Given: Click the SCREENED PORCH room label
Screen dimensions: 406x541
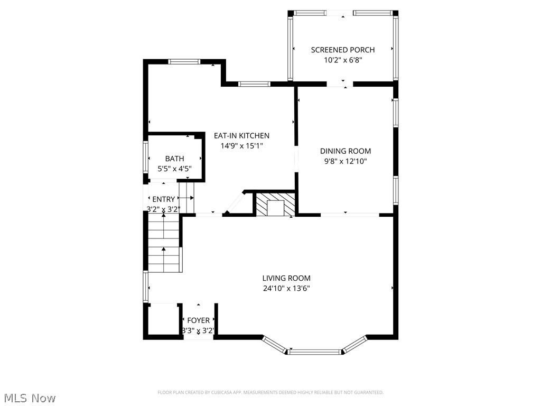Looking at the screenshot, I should click(x=343, y=50).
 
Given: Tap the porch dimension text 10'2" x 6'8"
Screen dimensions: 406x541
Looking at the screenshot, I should click(x=343, y=60).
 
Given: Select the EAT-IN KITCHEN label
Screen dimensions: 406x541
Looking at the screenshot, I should click(x=241, y=136).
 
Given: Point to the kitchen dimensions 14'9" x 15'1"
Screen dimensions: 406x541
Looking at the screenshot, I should click(x=241, y=146).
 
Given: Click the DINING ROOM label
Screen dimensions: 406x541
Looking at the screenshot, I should click(x=346, y=151).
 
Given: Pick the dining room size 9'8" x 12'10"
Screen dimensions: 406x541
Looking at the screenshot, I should click(x=346, y=162).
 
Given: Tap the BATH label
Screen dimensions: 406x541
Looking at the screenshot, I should click(x=174, y=159).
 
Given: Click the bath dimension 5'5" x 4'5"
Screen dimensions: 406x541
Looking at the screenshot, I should click(x=174, y=169).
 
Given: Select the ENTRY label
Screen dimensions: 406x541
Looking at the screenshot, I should click(x=163, y=199).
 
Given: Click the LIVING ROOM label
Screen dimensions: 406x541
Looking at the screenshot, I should click(x=286, y=278).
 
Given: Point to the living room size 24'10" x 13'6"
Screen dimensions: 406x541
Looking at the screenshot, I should click(x=286, y=289).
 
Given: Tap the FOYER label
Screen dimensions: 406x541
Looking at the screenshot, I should click(x=198, y=320).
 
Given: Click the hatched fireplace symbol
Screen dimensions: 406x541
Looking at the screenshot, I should click(x=274, y=204).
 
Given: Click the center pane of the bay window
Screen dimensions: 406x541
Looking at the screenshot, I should click(x=315, y=352).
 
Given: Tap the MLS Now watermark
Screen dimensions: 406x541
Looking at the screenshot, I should click(x=29, y=398).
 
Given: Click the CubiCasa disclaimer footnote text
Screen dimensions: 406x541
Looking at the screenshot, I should click(x=270, y=392).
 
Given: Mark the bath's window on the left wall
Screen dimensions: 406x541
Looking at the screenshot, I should click(x=146, y=157).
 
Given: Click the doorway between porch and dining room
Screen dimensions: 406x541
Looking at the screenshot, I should click(x=343, y=84).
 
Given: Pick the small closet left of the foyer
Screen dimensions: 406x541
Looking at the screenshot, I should click(x=163, y=319).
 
